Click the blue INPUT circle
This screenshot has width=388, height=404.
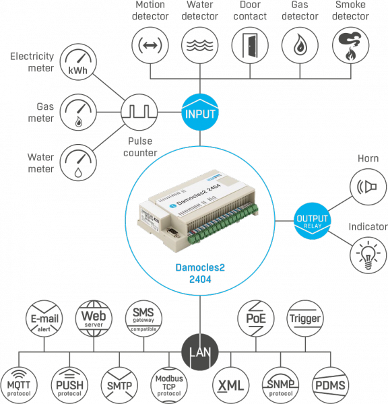(x=200, y=112)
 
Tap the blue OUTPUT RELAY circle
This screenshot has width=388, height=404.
(x=313, y=221)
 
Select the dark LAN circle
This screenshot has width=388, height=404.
(x=200, y=352)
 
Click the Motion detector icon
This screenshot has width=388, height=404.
(x=150, y=45)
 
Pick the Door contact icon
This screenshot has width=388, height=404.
(x=250, y=45)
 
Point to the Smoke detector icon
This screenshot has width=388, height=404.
(x=351, y=45)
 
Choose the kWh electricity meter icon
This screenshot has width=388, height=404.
(x=78, y=62)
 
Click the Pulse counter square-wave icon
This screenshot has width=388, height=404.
(x=139, y=112)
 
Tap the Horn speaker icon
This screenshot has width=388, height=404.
(x=368, y=187)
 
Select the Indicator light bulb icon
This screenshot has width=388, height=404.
(x=368, y=255)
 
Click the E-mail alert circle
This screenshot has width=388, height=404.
(x=44, y=318)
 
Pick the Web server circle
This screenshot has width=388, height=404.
(x=94, y=318)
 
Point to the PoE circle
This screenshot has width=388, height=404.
(x=256, y=318)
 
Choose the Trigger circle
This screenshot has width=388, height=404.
(x=305, y=318)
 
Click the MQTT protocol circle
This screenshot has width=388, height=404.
(x=19, y=386)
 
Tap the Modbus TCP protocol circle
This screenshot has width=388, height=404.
(x=169, y=386)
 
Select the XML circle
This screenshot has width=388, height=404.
(x=231, y=386)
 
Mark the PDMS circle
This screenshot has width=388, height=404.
(x=331, y=386)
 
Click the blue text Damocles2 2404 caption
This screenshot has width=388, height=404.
(x=200, y=273)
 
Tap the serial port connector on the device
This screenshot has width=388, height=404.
(x=173, y=233)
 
